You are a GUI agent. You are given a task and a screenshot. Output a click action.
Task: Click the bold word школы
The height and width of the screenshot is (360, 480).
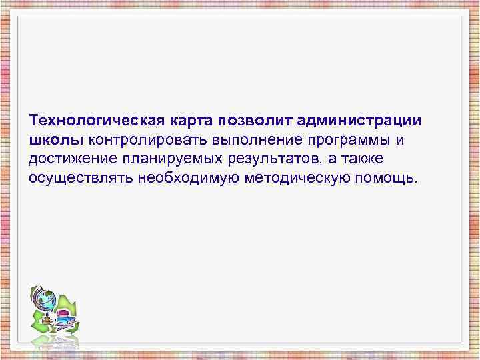click(x=56, y=141)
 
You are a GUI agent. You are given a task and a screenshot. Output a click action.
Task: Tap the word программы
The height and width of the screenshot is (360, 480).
click(x=351, y=141)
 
